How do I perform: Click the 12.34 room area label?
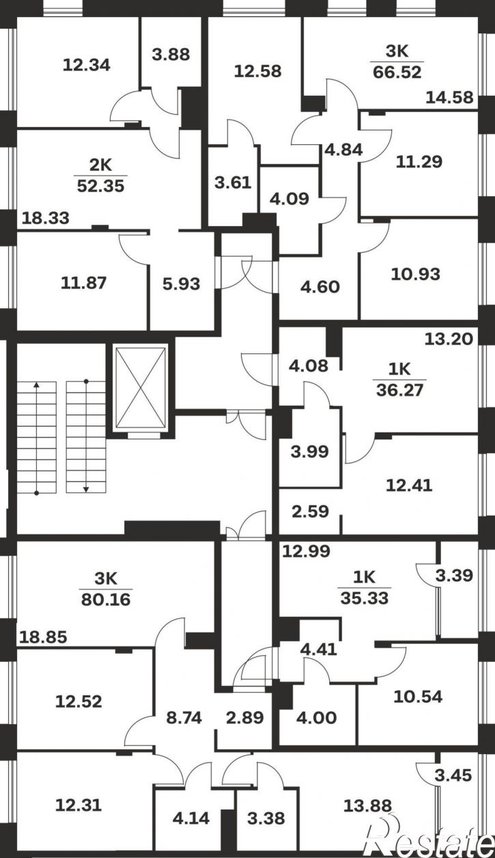tap(87, 65)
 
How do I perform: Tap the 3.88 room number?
tap(171, 55)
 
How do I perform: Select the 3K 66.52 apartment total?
tap(397, 61)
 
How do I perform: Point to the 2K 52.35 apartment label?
tap(100, 176)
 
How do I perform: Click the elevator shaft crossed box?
tap(141, 387)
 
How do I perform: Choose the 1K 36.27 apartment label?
tap(399, 380)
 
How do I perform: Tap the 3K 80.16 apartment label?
tap(106, 590)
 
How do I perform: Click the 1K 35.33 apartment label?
tap(365, 588)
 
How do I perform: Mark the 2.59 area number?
tap(310, 512)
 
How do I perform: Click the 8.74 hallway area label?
tap(184, 717)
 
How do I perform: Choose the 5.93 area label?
tap(182, 284)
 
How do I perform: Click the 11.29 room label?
tap(419, 162)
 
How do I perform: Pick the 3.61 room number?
tap(233, 182)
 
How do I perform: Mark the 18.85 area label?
tap(43, 637)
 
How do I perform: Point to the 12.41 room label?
tap(409, 486)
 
